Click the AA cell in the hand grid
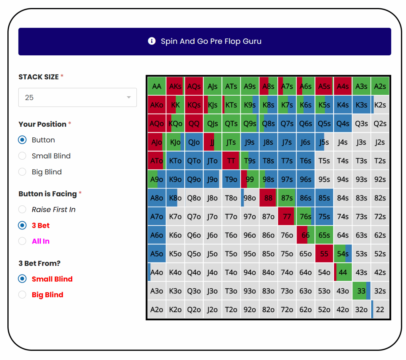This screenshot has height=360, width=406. click(157, 86)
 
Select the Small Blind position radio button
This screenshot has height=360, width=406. click(22, 156)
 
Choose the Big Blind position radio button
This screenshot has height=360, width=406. click(22, 172)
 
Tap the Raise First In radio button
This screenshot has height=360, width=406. click(22, 210)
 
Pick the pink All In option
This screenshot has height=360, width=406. click(22, 241)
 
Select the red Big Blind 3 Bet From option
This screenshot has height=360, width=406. click(22, 295)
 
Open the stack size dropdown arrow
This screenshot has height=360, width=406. click(129, 97)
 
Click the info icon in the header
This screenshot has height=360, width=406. click(152, 41)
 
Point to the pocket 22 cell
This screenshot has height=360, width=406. click(380, 310)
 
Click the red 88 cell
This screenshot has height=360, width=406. click(268, 198)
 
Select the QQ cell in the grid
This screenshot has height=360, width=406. click(194, 124)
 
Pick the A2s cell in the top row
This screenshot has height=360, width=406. click(380, 86)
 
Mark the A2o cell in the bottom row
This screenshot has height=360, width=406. click(157, 310)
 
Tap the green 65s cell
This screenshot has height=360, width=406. click(324, 235)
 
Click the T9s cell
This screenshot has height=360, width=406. click(249, 161)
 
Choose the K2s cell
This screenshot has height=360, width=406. click(380, 105)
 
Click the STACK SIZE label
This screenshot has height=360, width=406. click(38, 77)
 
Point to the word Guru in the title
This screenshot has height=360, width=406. click(252, 41)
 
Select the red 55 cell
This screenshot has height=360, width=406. click(324, 254)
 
